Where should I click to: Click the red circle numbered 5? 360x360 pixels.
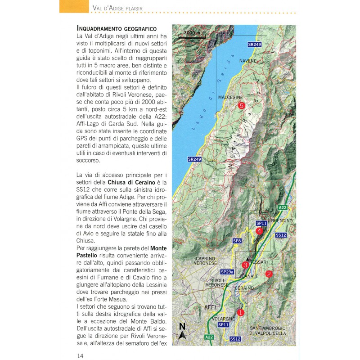click(242, 106)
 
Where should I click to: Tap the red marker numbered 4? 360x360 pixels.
click(259, 231)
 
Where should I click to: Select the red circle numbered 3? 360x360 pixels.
click(245, 265)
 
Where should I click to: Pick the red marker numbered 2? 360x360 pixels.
click(269, 274)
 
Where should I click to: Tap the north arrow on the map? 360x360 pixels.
click(182, 331)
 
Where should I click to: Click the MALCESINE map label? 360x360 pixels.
click(230, 97)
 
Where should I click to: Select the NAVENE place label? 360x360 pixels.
click(248, 60)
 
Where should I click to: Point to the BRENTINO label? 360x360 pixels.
click(283, 221)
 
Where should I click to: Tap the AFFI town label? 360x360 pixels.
click(211, 307)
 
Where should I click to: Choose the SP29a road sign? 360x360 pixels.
click(227, 272)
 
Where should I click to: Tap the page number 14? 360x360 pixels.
click(80, 355)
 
